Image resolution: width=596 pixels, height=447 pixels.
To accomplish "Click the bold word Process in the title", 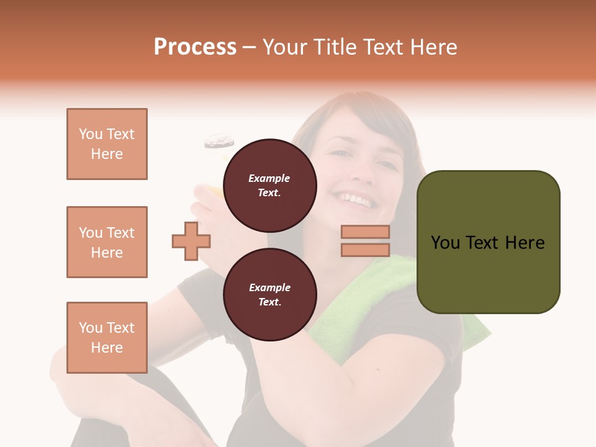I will pyautogui.click(x=195, y=47).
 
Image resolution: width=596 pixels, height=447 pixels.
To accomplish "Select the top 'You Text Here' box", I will pyautogui.click(x=107, y=144).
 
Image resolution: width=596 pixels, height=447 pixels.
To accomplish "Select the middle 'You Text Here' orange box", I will pyautogui.click(x=107, y=242).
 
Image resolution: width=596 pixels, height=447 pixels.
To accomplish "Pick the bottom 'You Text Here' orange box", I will pyautogui.click(x=107, y=338).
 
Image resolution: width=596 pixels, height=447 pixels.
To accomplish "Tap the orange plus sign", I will pyautogui.click(x=191, y=240).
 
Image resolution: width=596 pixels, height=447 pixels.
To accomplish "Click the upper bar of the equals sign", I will pyautogui.click(x=365, y=232).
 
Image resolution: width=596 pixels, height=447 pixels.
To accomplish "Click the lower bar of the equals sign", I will pyautogui.click(x=365, y=250).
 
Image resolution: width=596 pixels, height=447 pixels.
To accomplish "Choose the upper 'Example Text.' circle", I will pyautogui.click(x=269, y=185).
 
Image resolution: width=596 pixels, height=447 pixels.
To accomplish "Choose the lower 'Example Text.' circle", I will pyautogui.click(x=269, y=294).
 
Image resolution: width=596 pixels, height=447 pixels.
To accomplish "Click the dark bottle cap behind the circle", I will pyautogui.click(x=219, y=142).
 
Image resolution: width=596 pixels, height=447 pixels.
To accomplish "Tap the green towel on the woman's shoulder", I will pyautogui.click(x=372, y=292).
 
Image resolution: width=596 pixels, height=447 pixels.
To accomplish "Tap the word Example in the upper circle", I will pyautogui.click(x=269, y=178).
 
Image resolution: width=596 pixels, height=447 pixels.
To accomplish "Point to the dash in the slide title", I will pyautogui.click(x=250, y=47).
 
